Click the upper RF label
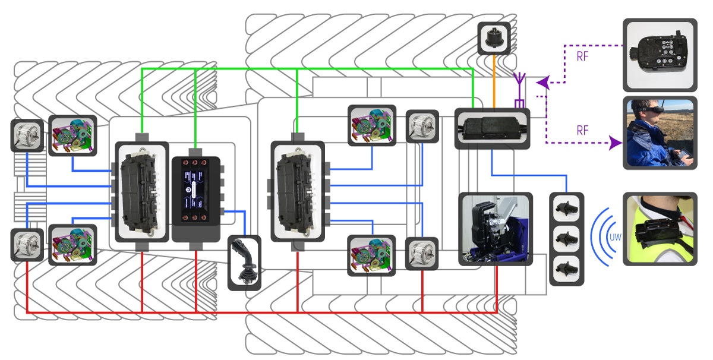[x=583, y=58]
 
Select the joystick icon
[x=244, y=263]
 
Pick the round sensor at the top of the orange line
[x=493, y=38]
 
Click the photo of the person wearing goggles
[x=660, y=132]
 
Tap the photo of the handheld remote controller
[x=660, y=55]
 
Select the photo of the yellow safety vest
[x=660, y=229]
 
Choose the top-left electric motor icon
[x=27, y=135]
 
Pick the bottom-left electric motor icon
[x=27, y=245]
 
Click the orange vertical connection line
[x=494, y=81]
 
